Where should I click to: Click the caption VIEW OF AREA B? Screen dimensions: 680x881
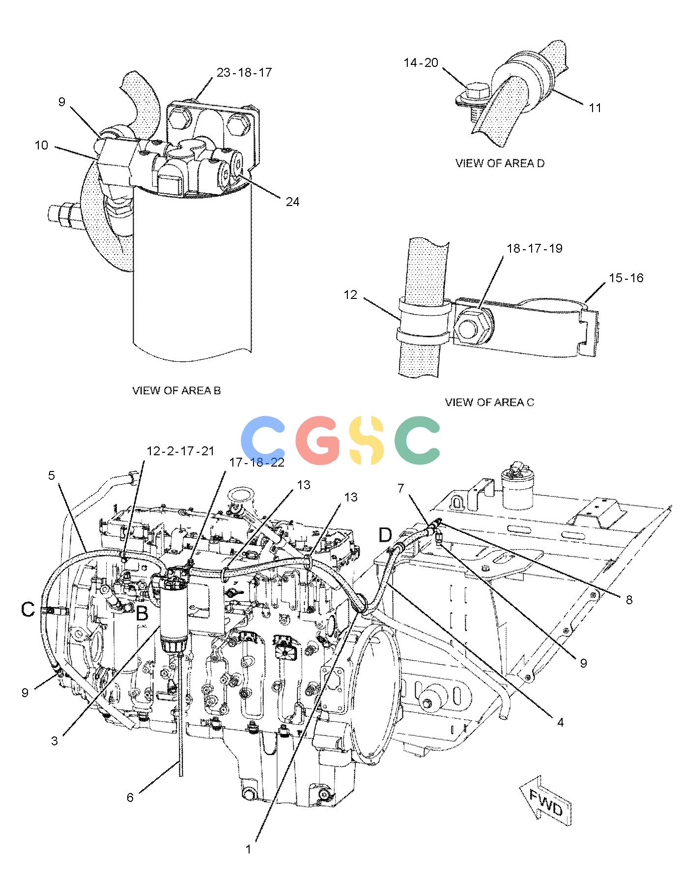point(176,390)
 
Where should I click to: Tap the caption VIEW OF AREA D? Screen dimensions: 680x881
point(500,163)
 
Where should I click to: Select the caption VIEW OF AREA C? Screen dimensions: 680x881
point(489,403)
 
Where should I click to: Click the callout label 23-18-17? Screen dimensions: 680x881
point(244,73)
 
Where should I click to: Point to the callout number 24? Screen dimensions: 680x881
point(292,202)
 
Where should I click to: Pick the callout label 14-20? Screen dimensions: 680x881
point(421,63)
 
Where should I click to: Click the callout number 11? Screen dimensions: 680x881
point(595,108)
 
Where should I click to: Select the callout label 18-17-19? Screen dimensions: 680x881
point(535,248)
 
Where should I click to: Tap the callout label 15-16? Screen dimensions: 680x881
point(626,278)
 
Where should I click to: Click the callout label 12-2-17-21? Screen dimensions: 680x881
point(181,451)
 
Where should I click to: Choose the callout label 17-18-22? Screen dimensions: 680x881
point(257,463)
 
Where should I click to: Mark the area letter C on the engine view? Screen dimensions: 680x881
point(28,610)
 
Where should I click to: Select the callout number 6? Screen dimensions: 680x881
point(130,797)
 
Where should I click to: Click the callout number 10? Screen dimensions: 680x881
point(41,146)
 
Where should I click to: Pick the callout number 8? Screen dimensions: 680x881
point(629,600)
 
